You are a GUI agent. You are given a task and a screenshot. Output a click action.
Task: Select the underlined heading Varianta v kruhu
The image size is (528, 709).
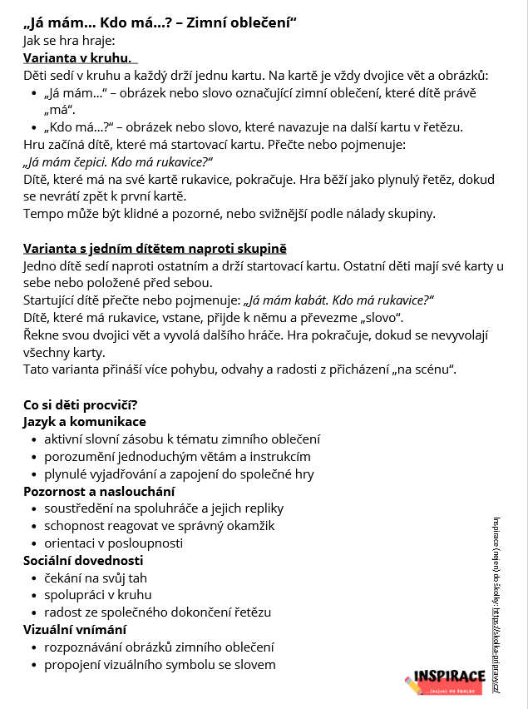point(78,58)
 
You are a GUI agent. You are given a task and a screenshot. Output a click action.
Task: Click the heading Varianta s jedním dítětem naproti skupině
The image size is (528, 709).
point(155,249)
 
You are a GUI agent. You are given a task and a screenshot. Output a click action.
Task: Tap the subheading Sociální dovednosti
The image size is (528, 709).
point(83,560)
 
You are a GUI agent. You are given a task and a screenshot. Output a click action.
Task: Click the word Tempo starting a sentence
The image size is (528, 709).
point(42,214)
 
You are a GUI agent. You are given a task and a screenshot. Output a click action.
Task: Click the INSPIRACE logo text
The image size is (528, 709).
point(449,677)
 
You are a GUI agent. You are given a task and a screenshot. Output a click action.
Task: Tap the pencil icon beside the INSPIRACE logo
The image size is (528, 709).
point(413,685)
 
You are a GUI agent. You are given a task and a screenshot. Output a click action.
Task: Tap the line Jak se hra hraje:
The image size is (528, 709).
point(69,40)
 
